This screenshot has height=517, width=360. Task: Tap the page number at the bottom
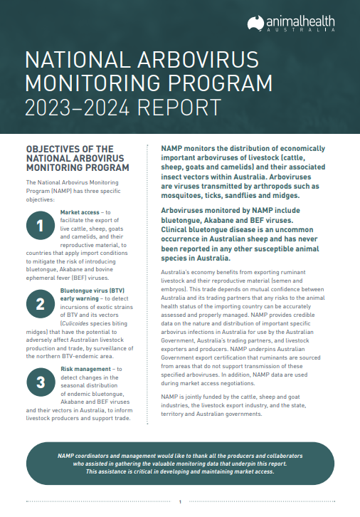pyautogui.click(x=180, y=502)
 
